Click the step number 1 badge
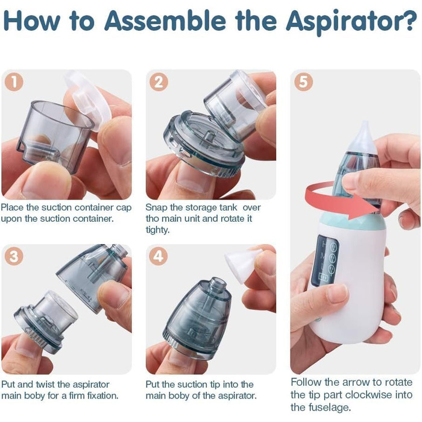[x=14, y=82]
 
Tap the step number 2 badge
[x=159, y=82]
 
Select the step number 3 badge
[x=14, y=256]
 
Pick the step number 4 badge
[x=158, y=256]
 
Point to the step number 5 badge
[x=303, y=82]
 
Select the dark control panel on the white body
[x=325, y=260]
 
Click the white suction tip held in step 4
[x=242, y=264]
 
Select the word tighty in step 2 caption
[x=157, y=230]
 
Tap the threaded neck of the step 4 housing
[x=218, y=286]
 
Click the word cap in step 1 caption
[x=124, y=208]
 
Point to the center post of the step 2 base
[x=209, y=138]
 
